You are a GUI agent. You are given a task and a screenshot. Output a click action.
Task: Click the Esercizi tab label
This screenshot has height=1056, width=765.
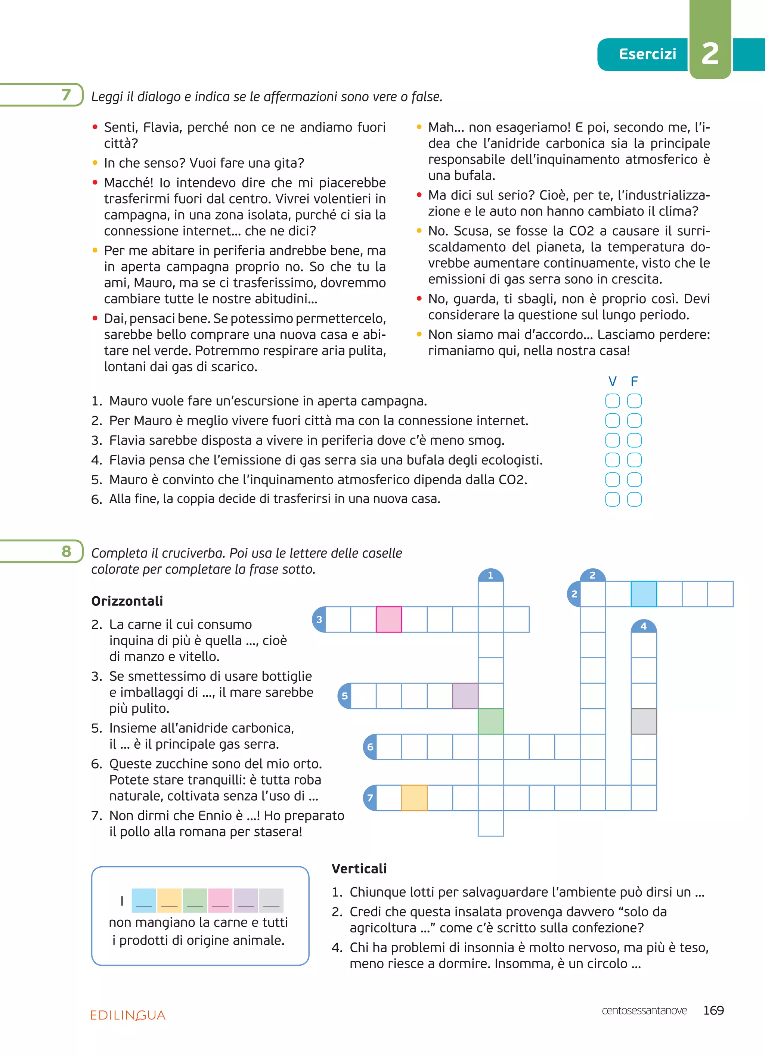(647, 55)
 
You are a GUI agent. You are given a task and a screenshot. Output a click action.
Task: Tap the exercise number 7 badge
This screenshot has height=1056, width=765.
(66, 95)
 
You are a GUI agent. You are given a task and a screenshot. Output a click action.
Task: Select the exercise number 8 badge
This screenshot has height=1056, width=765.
(66, 551)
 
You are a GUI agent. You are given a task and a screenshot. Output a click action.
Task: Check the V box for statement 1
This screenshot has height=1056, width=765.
(612, 401)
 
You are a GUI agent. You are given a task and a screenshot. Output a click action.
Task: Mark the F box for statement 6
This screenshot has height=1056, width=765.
(634, 500)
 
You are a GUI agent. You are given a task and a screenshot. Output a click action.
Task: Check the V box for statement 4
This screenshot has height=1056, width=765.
(612, 460)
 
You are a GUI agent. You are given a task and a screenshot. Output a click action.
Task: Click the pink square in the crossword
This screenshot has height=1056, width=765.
(389, 619)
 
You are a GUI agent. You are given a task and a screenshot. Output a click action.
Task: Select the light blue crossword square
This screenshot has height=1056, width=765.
(644, 594)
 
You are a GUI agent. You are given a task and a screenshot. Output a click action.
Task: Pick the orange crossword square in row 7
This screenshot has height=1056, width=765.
(415, 798)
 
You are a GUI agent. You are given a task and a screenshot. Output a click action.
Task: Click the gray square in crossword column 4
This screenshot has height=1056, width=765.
(644, 721)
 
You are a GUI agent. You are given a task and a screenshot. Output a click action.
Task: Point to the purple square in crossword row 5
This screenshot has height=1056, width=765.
(465, 696)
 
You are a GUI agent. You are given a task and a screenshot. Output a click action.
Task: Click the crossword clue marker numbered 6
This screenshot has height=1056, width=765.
(370, 747)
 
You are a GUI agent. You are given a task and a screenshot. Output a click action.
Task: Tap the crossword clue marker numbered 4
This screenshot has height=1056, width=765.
(644, 626)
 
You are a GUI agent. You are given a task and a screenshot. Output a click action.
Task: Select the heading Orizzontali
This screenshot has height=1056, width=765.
(127, 601)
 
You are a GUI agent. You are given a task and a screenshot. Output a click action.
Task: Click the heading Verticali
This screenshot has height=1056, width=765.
(359, 868)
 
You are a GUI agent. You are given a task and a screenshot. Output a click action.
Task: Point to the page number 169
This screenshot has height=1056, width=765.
(713, 1010)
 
